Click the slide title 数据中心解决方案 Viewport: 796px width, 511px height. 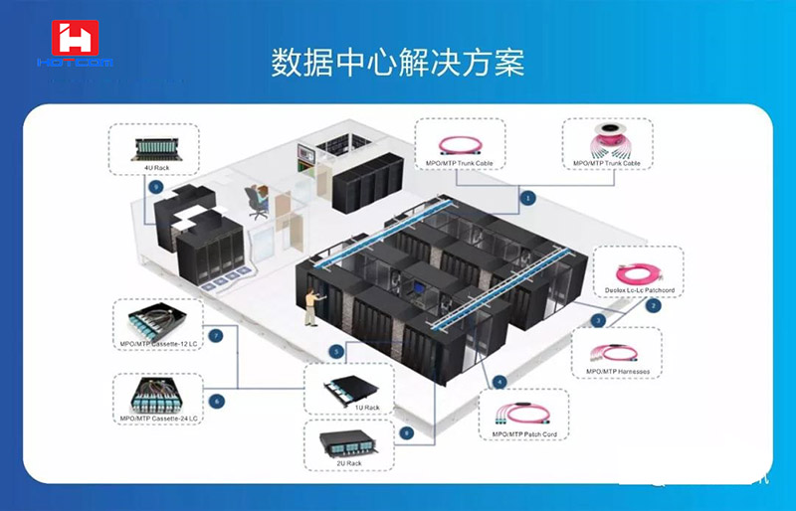[x=398, y=62]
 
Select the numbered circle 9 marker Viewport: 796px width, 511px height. [x=154, y=186]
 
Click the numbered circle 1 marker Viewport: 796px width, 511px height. [x=528, y=198]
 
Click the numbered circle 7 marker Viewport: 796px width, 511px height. [x=215, y=336]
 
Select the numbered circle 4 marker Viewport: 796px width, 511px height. [x=499, y=382]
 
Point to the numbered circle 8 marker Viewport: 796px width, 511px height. [x=406, y=432]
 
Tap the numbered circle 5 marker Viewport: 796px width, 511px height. [x=337, y=351]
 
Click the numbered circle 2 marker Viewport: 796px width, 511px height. [x=652, y=305]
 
